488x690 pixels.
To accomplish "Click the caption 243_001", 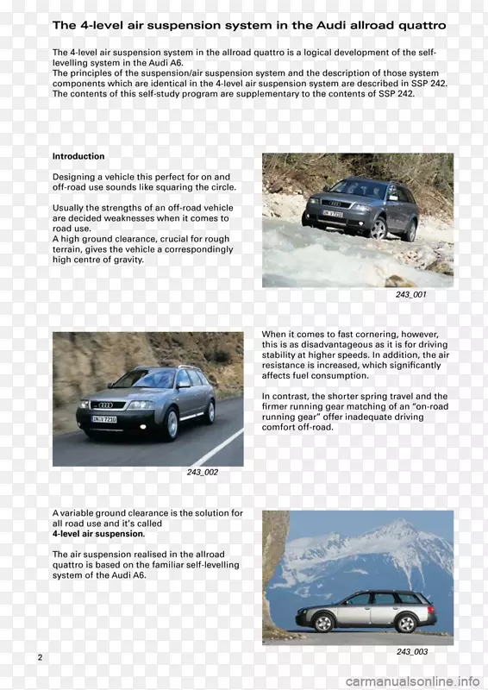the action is pyautogui.click(x=410, y=295).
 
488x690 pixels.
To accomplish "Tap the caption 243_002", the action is pyautogui.click(x=203, y=473).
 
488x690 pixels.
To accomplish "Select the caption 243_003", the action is pyautogui.click(x=411, y=652).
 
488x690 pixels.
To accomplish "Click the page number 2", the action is pyautogui.click(x=40, y=658).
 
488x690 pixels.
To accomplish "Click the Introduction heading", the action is pyautogui.click(x=78, y=156).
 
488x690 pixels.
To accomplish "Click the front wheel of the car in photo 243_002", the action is pyautogui.click(x=171, y=425).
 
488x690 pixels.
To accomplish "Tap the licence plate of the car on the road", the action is pyautogui.click(x=104, y=419).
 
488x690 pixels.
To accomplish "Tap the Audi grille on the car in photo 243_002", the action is pyautogui.click(x=105, y=405).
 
